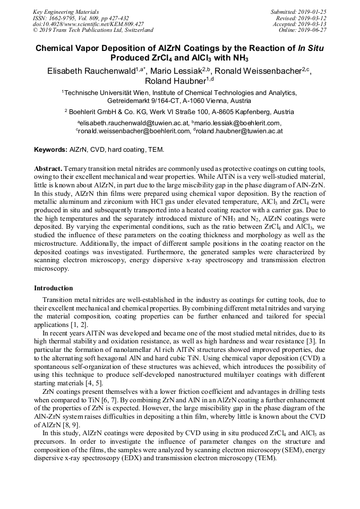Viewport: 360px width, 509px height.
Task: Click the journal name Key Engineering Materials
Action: (65, 11)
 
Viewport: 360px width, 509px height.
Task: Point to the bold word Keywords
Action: (50, 150)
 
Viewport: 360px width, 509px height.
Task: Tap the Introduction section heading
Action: (53, 288)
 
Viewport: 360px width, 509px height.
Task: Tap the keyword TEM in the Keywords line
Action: (157, 150)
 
